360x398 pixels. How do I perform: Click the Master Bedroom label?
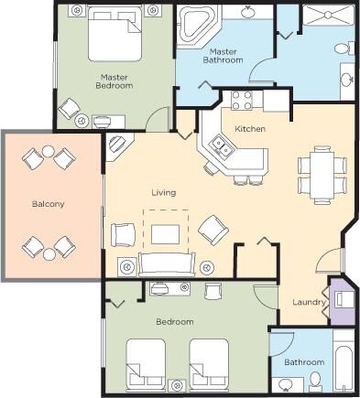click(x=115, y=81)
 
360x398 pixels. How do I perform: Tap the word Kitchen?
click(x=250, y=129)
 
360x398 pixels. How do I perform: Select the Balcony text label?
click(x=49, y=204)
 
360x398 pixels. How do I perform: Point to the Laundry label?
click(x=309, y=302)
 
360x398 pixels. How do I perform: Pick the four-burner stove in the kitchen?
click(x=242, y=101)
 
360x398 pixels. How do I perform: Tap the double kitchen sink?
click(x=222, y=146)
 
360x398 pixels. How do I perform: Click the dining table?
click(x=322, y=175)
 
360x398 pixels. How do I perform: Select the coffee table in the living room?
click(x=165, y=234)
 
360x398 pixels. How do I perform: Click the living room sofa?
click(x=167, y=264)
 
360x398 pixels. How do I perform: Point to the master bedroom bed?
click(x=115, y=34)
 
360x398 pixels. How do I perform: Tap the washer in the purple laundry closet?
click(x=344, y=299)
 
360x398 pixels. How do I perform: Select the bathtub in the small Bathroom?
click(x=344, y=364)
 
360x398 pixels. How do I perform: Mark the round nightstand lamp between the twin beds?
click(x=177, y=386)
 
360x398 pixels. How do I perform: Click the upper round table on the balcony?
click(x=48, y=151)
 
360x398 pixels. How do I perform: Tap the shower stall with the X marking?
click(x=328, y=15)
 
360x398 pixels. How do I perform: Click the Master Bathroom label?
click(x=223, y=56)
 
